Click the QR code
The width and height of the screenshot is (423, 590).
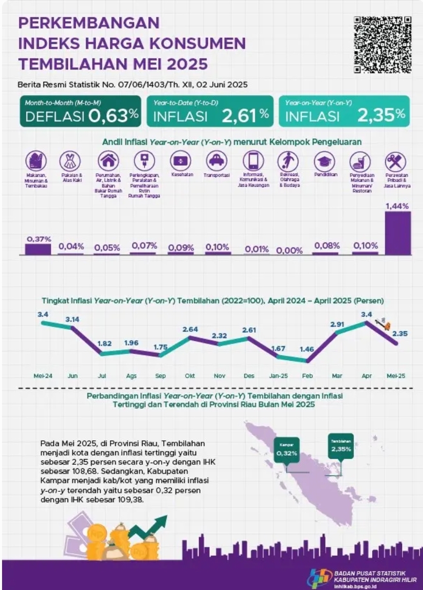tap(383, 45)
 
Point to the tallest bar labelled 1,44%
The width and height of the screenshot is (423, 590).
tap(397, 233)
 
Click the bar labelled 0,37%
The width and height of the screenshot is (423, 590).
tap(38, 249)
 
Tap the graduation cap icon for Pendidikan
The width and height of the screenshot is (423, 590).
tap(324, 162)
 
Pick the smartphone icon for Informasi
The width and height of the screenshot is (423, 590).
tap(253, 161)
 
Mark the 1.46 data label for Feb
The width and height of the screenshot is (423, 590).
tap(307, 349)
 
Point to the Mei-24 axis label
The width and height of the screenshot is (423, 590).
tap(42, 376)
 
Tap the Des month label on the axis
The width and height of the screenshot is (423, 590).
tap(249, 376)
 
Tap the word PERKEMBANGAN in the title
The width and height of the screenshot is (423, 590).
tap(88, 23)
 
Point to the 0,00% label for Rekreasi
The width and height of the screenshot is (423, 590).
tap(290, 251)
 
